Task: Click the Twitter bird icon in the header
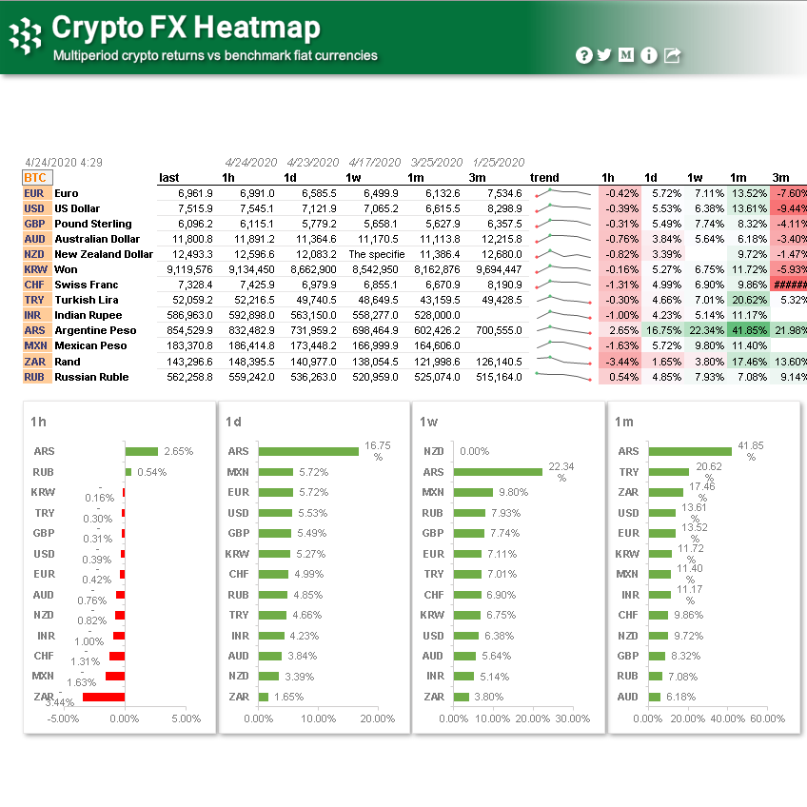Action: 604,55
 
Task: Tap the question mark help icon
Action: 583,55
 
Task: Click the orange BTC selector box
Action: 35,177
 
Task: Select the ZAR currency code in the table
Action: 33,362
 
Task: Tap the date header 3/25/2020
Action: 436,162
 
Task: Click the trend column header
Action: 544,177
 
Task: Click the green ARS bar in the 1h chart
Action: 141,451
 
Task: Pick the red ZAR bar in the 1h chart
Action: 104,697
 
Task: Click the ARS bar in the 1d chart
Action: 308,451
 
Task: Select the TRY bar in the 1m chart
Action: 668,472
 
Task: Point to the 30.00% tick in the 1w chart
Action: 573,718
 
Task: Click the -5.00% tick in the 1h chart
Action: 64,718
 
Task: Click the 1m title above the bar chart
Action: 624,421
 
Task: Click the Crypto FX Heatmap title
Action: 187,27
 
